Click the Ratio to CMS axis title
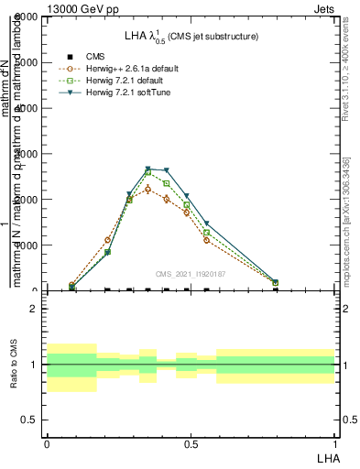13,365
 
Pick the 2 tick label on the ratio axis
33,309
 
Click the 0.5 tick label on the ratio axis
29,420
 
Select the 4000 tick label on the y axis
24,108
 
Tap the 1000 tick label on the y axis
24,245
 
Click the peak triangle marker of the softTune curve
147,169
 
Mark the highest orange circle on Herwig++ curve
147,189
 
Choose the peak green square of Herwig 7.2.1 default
147,172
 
